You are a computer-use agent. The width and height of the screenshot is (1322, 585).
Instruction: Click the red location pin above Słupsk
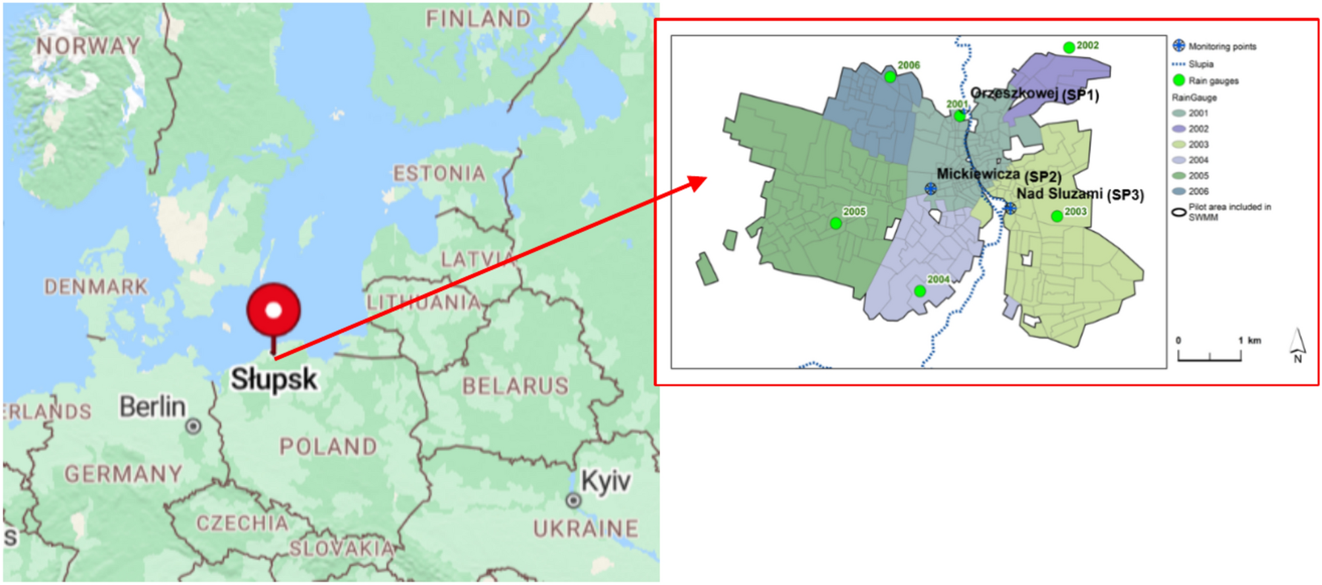point(273,310)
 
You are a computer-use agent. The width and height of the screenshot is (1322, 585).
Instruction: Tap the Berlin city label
point(152,407)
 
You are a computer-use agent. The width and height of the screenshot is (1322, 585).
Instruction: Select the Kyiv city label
point(605,481)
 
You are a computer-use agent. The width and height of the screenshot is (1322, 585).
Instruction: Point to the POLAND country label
point(328,447)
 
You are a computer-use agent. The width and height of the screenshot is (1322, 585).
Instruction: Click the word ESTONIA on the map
point(439,173)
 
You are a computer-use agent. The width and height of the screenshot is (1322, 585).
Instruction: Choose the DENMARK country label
point(96,287)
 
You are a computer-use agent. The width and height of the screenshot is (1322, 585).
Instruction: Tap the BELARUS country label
point(515,385)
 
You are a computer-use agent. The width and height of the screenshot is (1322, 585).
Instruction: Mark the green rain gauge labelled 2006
point(890,77)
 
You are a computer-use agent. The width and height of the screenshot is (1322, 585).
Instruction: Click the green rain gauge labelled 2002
point(1069,47)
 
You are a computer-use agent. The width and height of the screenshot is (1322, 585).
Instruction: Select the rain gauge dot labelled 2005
point(836,223)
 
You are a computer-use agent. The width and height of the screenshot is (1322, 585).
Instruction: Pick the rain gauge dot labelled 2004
point(920,291)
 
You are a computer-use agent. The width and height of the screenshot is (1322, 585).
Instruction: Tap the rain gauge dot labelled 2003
point(1057,216)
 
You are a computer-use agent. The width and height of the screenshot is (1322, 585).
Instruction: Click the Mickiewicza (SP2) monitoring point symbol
point(930,189)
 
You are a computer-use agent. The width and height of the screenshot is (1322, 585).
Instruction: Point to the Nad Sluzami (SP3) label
point(1080,194)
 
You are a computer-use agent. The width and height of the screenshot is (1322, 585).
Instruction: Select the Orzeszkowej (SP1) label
point(1035,94)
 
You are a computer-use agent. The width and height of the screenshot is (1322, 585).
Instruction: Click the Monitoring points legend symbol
point(1179,45)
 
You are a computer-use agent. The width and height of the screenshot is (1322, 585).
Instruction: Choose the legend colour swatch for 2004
point(1179,160)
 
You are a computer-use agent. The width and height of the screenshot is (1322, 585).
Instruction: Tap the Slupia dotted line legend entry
point(1179,64)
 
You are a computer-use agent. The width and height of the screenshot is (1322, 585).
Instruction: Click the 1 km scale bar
point(1209,358)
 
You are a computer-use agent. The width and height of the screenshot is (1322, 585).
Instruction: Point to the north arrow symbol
point(1297,345)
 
